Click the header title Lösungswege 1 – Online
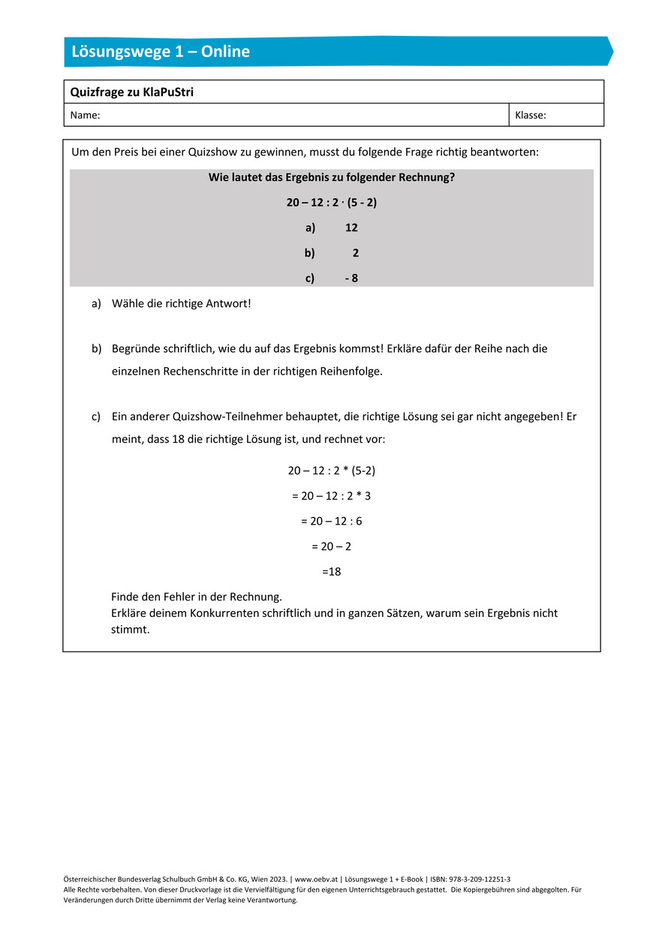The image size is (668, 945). click(x=161, y=52)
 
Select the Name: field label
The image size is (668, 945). click(x=85, y=116)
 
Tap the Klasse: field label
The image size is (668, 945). click(x=530, y=116)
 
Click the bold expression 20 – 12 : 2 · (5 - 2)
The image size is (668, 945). click(x=332, y=202)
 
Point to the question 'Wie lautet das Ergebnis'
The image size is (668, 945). click(x=332, y=177)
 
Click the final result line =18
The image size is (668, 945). click(x=332, y=572)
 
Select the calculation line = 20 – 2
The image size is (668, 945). click(x=332, y=546)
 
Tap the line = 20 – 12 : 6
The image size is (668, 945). click(x=332, y=521)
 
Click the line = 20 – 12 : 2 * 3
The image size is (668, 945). click(x=332, y=495)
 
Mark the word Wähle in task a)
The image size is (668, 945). click(x=128, y=304)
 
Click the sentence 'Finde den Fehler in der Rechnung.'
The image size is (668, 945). click(x=197, y=597)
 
